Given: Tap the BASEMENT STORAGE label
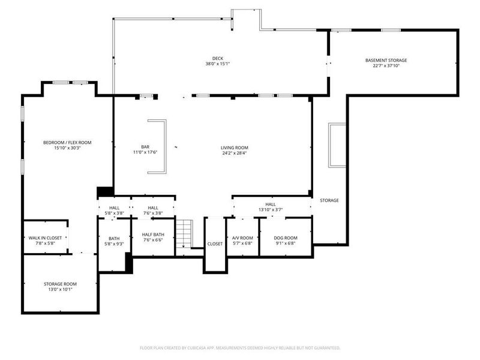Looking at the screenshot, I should (x=386, y=60).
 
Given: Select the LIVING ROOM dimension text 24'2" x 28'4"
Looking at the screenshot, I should (x=234, y=153).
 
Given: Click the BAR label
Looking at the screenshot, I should (x=145, y=147).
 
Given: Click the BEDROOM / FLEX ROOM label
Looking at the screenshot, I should (x=67, y=142).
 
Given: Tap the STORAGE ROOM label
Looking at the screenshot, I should (x=60, y=284).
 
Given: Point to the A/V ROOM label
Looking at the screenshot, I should (x=242, y=238).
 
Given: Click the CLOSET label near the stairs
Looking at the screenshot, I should (x=215, y=244).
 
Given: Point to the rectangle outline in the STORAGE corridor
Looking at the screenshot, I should (x=337, y=145).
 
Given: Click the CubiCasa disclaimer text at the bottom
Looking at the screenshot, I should (x=240, y=348).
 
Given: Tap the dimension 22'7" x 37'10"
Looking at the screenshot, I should (x=386, y=65).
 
